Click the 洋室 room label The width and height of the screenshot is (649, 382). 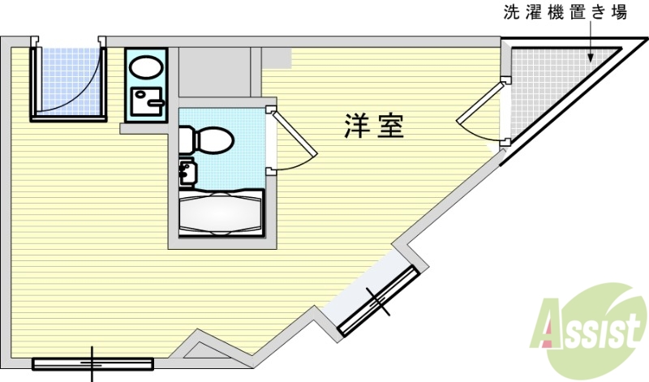click(x=374, y=127)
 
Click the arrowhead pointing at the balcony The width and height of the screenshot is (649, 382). click(x=591, y=58)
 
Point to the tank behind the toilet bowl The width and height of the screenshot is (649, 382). click(x=186, y=139)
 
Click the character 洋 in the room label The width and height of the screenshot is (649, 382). click(x=357, y=127)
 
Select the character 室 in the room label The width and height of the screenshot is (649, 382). click(x=390, y=127)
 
